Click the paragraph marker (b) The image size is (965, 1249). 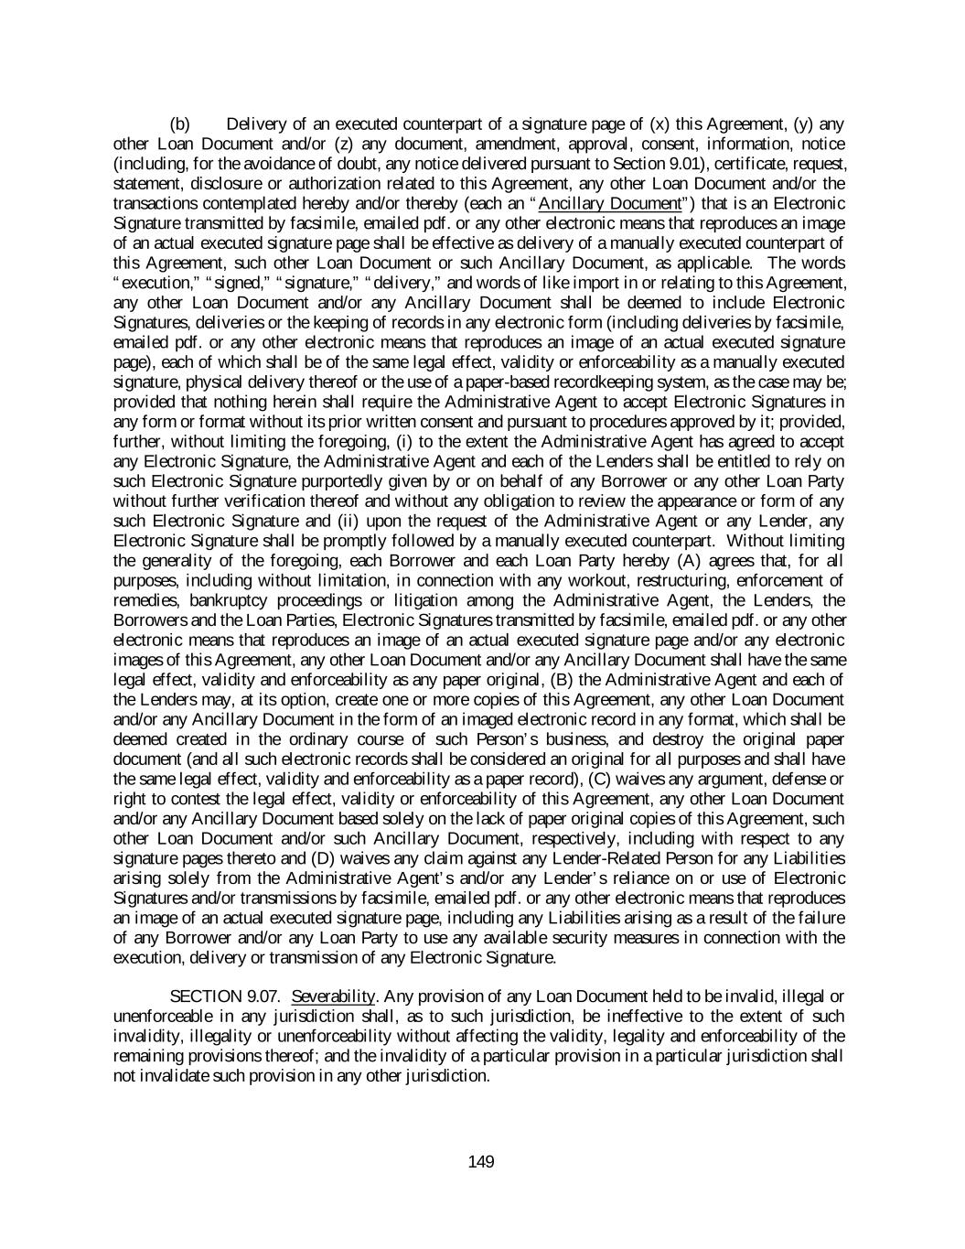click(x=180, y=124)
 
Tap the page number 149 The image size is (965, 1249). click(x=481, y=1162)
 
